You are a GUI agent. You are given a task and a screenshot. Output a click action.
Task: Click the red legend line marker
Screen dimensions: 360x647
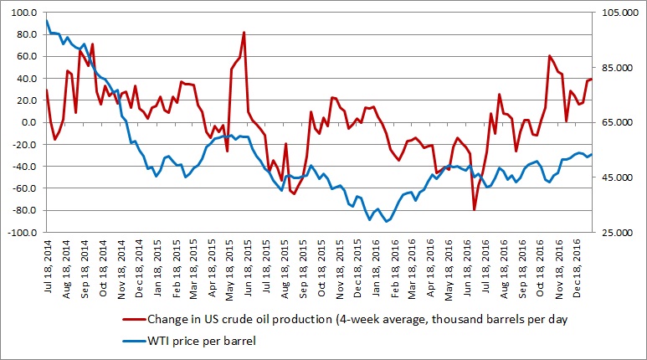click(x=132, y=319)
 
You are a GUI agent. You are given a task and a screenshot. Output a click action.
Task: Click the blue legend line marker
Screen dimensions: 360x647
click(x=132, y=341)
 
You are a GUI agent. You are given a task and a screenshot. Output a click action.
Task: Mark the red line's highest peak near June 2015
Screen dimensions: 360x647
click(x=244, y=33)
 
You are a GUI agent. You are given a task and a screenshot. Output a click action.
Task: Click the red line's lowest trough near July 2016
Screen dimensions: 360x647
click(x=474, y=210)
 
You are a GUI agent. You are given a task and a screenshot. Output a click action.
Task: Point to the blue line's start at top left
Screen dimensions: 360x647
click(x=47, y=21)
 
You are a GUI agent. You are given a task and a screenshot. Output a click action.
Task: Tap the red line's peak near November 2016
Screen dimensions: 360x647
click(x=549, y=56)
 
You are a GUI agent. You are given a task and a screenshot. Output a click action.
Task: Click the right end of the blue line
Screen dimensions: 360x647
click(x=592, y=154)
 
